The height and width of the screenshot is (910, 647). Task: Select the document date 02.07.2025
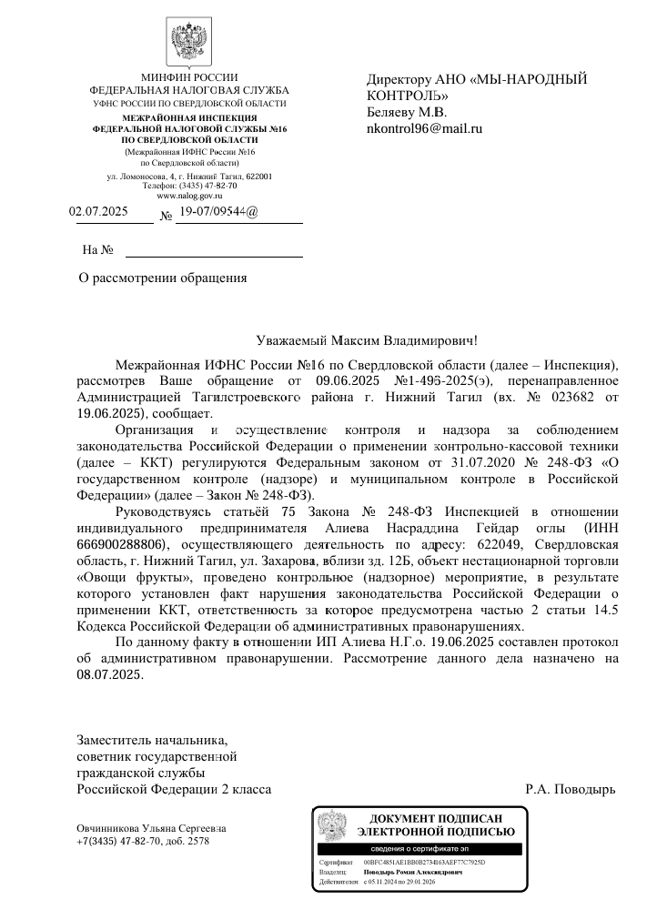(99, 213)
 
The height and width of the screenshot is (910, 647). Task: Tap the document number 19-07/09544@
(219, 213)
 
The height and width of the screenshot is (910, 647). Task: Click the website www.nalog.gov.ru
(189, 195)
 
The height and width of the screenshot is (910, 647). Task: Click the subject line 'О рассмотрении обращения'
(164, 277)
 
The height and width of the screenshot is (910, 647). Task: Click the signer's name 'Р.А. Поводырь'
(571, 788)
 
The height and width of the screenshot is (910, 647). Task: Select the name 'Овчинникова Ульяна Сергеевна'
(151, 828)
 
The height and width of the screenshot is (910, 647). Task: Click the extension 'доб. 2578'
(187, 841)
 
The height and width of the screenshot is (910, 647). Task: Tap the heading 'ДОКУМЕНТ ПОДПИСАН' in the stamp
(436, 819)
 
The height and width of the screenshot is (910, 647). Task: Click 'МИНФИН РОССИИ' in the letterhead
(189, 77)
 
